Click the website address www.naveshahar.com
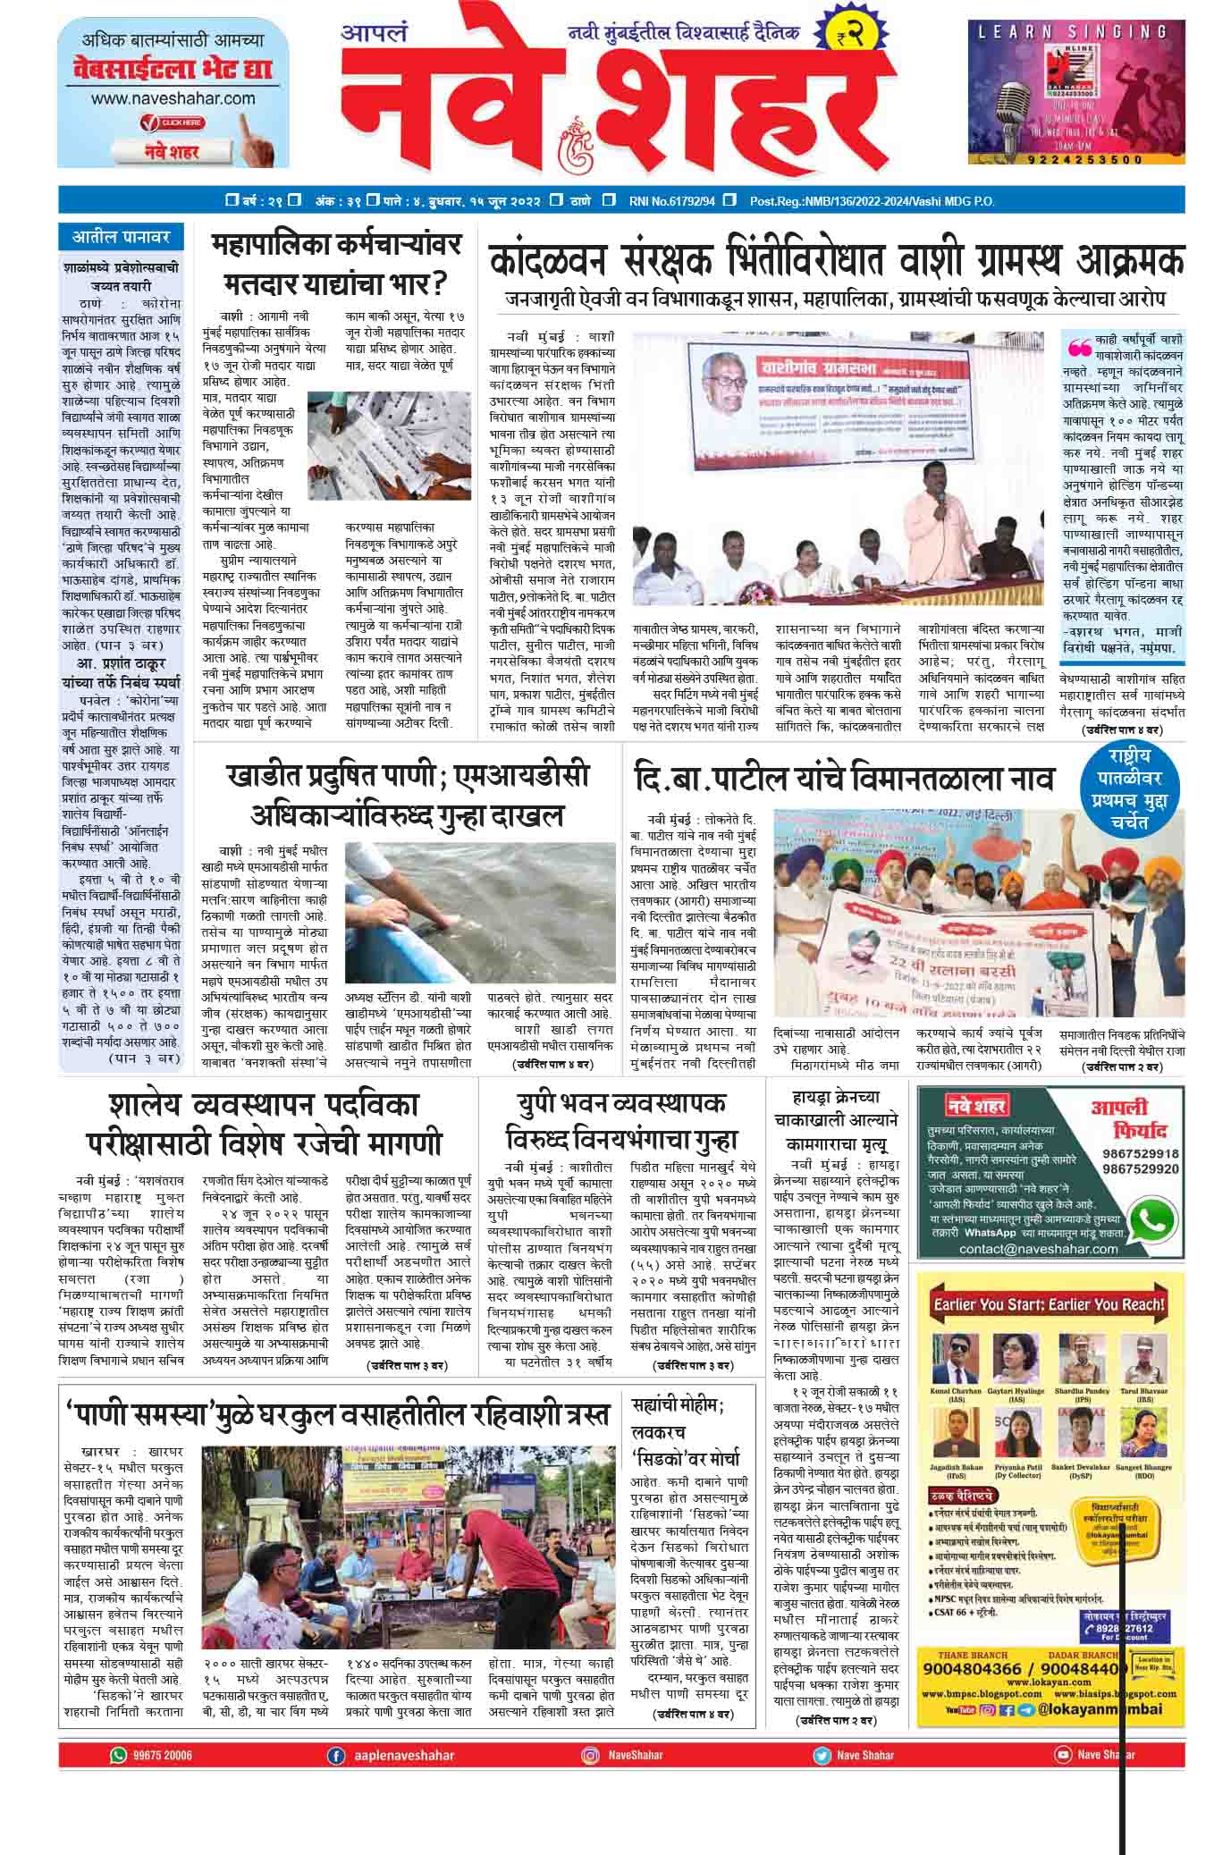coord(173,98)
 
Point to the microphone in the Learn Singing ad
coord(1011,97)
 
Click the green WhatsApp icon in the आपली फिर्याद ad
coord(1153,1218)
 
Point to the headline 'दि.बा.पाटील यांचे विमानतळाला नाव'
coord(843,778)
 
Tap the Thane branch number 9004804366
coord(977,1668)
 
